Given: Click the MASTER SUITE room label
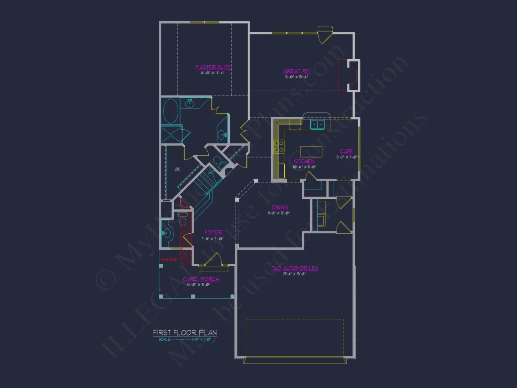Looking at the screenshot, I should (213, 67).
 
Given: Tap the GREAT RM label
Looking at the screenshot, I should (296, 71).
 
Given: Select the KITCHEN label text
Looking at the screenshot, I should (304, 161).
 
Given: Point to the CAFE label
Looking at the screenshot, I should (346, 151).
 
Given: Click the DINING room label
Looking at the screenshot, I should (279, 207).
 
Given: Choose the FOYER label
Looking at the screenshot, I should (213, 232).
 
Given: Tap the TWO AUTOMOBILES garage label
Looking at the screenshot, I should (295, 269).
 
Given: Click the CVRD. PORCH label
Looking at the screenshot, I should (201, 279).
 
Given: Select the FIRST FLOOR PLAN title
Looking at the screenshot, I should (185, 333).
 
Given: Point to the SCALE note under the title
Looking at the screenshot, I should (185, 339).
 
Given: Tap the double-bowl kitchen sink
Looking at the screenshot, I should (318, 125).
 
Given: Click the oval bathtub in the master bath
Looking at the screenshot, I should (171, 111).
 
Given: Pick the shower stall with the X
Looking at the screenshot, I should (171, 135).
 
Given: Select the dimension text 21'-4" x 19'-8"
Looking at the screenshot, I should (295, 274).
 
